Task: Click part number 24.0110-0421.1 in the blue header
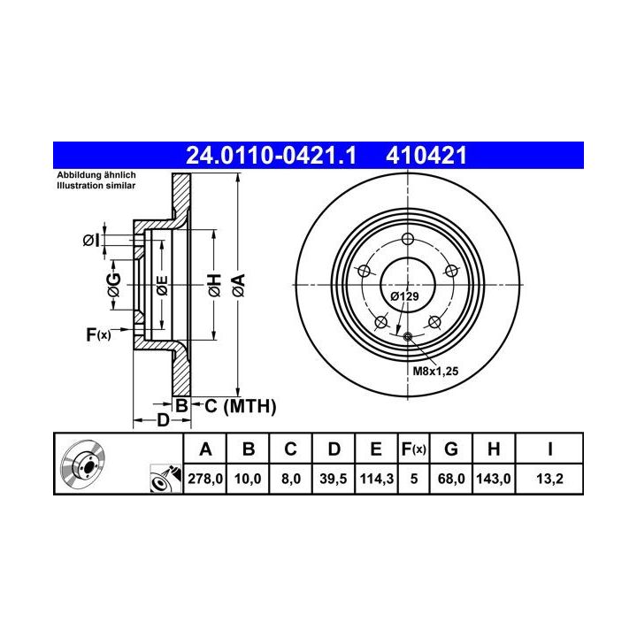click(x=271, y=156)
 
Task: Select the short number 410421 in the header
click(x=426, y=156)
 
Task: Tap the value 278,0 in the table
click(x=205, y=479)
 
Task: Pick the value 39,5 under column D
click(x=334, y=479)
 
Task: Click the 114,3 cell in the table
click(x=376, y=479)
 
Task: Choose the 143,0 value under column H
click(x=493, y=479)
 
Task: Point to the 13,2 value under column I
click(x=549, y=479)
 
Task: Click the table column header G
click(x=451, y=449)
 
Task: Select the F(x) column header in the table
click(x=413, y=449)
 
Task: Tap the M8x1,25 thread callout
click(x=435, y=371)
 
